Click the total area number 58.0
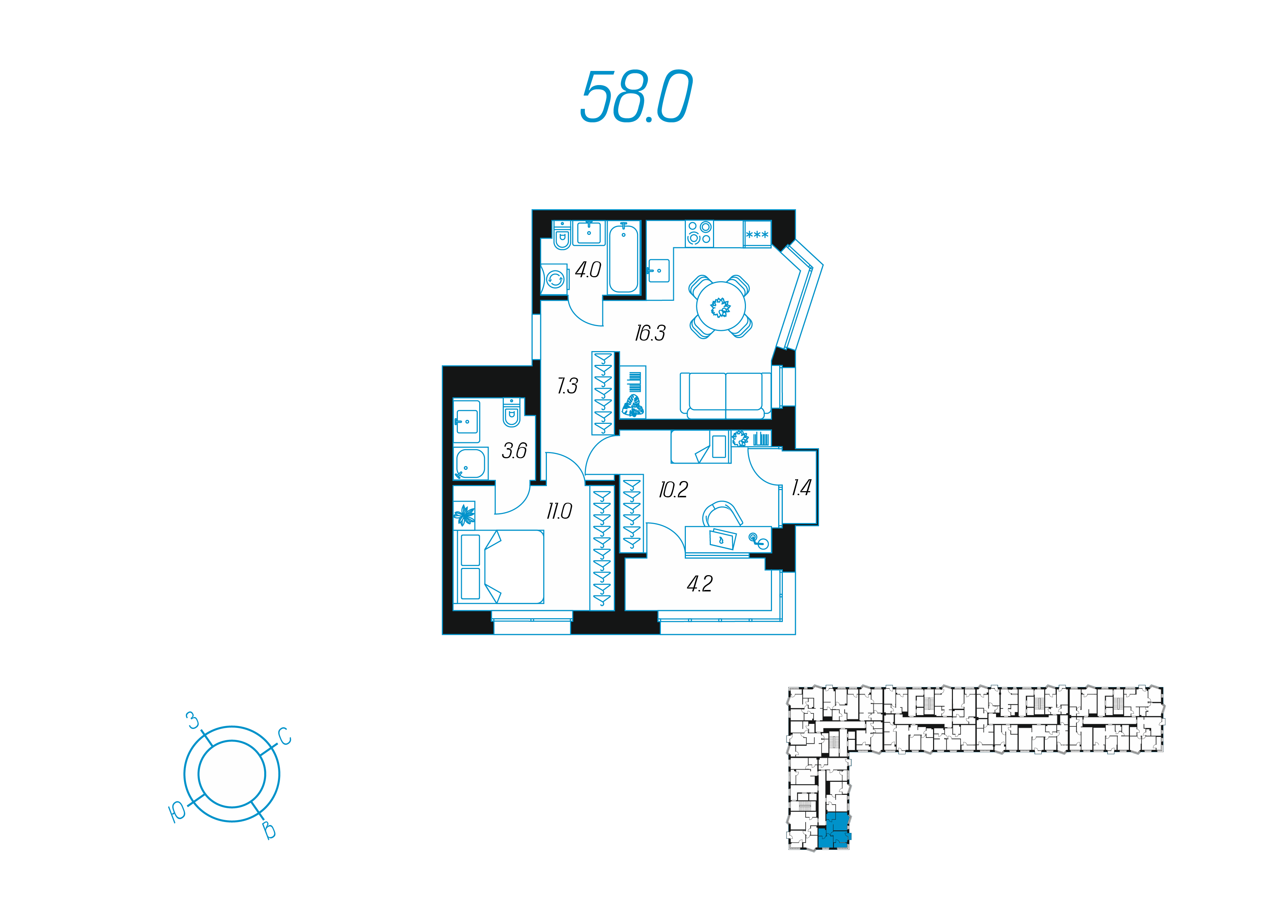[636, 97]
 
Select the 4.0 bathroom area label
[587, 270]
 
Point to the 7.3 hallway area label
[568, 385]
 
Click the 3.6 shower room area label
[514, 451]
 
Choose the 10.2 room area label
[673, 490]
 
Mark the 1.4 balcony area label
[801, 488]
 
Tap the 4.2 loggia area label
[700, 584]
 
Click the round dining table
[721, 306]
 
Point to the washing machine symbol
[555, 280]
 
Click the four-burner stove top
[699, 233]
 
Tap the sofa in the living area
[725, 395]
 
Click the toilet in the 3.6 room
[512, 413]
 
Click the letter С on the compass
[284, 737]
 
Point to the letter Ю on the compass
[177, 812]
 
